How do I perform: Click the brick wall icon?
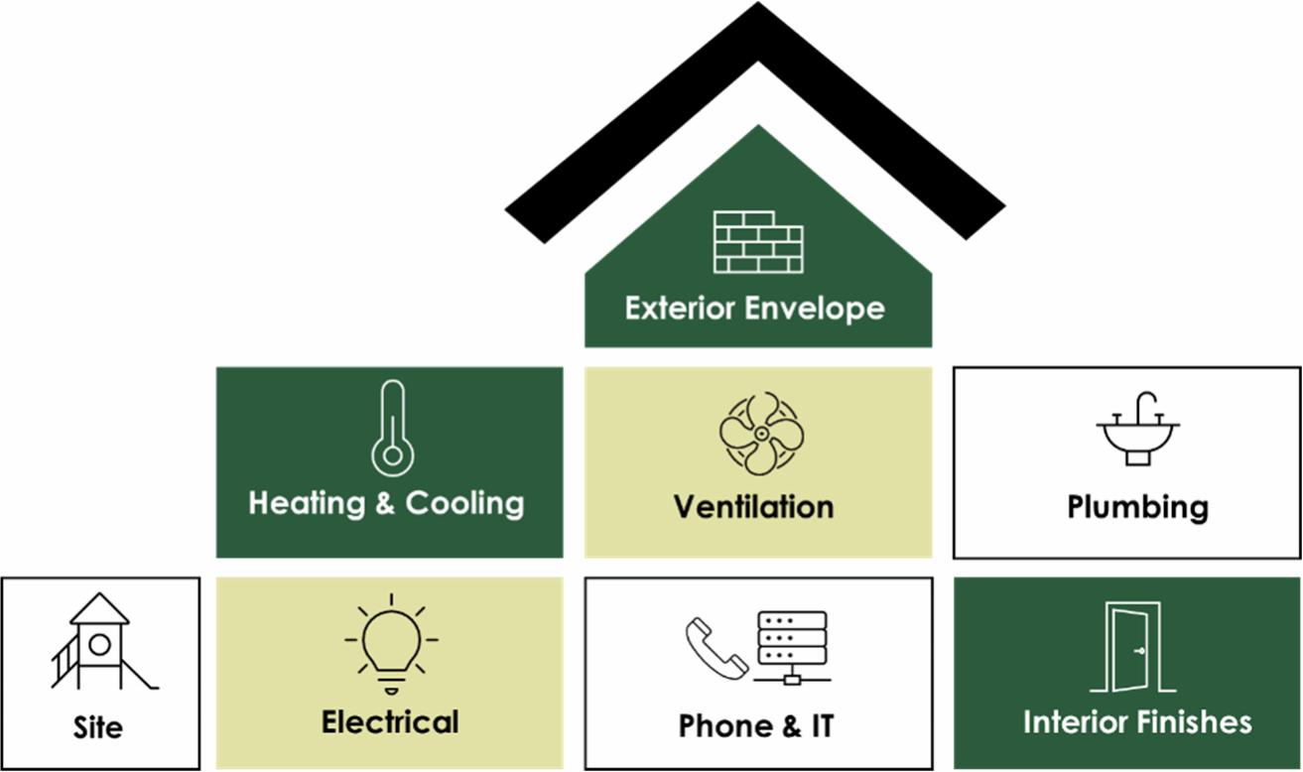[x=758, y=241]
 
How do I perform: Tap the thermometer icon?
[x=392, y=429]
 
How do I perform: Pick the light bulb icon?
[x=391, y=642]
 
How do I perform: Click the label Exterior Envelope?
[x=754, y=308]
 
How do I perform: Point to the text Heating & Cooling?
[x=386, y=503]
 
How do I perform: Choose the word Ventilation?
[x=754, y=507]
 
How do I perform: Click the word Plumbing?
[x=1137, y=507]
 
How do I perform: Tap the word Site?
[x=98, y=727]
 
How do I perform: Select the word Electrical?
[x=390, y=722]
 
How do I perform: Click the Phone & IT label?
[x=756, y=725]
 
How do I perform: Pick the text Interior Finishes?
[x=1137, y=721]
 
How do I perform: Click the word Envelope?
[x=815, y=308]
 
